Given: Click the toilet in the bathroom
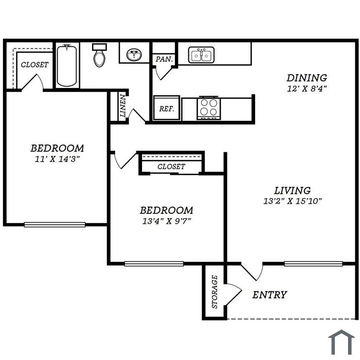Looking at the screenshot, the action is [x=99, y=55].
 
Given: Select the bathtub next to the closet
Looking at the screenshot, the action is [x=67, y=66].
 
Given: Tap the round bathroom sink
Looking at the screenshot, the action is [x=134, y=55].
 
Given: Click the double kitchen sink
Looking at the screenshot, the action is [x=202, y=55].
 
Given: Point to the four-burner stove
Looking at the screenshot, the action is [x=208, y=107].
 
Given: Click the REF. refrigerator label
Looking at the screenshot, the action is [x=167, y=109].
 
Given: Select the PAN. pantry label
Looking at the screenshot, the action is [x=164, y=59].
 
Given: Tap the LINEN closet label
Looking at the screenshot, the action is [x=123, y=106].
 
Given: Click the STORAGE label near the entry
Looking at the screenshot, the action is [x=214, y=292].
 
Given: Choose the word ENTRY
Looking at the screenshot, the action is [x=270, y=295].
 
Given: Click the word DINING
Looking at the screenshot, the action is [x=307, y=78].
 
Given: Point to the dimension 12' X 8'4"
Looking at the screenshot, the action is [x=307, y=88].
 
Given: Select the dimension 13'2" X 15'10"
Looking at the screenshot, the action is [x=292, y=202].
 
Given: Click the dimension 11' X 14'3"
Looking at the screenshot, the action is [x=57, y=159].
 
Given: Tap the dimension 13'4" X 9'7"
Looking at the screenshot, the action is [x=167, y=221].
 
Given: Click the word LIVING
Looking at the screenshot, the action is [x=293, y=191].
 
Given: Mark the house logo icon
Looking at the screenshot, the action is [x=341, y=342].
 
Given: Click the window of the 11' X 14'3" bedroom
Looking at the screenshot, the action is [x=55, y=225].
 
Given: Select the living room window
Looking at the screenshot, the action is [x=313, y=263].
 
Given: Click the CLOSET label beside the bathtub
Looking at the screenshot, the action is [x=34, y=65].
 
